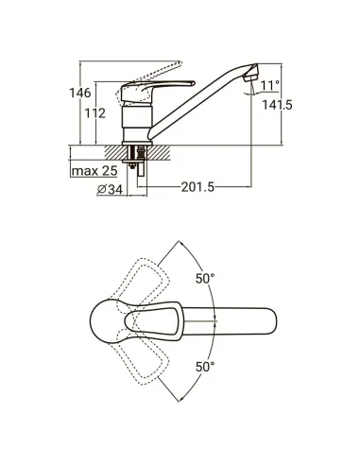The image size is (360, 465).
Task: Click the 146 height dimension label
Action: [x=80, y=93]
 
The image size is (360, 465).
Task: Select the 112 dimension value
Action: [x=95, y=113]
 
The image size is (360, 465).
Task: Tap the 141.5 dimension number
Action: [x=277, y=105]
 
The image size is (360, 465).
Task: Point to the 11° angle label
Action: [x=270, y=85]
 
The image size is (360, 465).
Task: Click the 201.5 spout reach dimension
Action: [x=197, y=187]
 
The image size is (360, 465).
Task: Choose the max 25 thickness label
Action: [x=94, y=171]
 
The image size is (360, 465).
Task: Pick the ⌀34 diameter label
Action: [x=110, y=189]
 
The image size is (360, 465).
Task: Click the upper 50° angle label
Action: [x=205, y=279]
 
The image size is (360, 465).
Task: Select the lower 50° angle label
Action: [x=205, y=367]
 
